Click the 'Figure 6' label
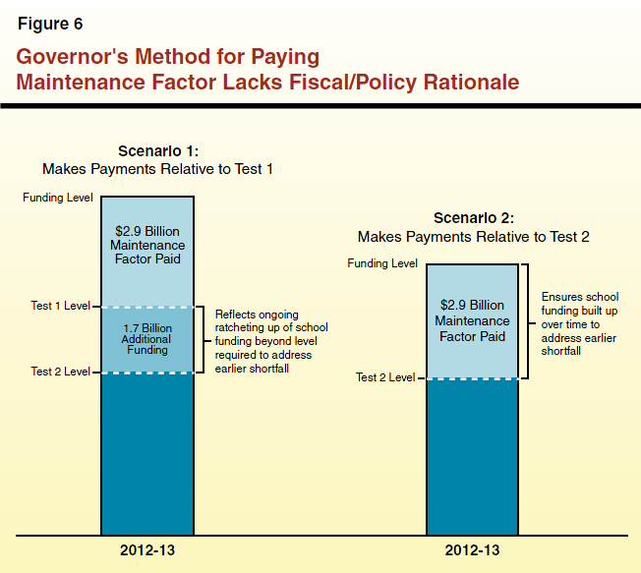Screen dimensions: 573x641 coord(50,24)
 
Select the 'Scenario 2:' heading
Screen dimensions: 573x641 coord(473,219)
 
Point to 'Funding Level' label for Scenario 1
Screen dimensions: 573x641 coord(57,198)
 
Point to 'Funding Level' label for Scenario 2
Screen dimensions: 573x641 coord(383,264)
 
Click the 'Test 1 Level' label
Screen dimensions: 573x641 coord(60,307)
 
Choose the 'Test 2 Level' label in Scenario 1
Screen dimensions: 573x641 coord(60,372)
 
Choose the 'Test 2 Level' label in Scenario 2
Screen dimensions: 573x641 coord(385,377)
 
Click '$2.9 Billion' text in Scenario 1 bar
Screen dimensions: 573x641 coord(147,231)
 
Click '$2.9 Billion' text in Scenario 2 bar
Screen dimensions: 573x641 coord(472,306)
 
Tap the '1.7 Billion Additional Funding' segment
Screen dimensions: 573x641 coord(147,339)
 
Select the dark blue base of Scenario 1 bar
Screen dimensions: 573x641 coord(147,452)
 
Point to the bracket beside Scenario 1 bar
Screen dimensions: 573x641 coord(202,339)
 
